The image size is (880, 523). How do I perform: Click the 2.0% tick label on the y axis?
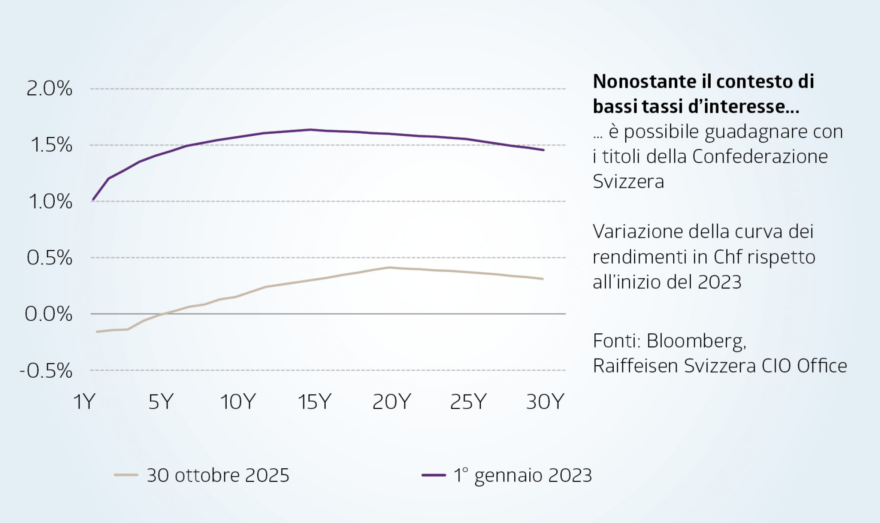pyautogui.click(x=49, y=88)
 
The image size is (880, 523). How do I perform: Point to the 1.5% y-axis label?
pyautogui.click(x=51, y=145)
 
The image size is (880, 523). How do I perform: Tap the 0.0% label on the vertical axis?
pyautogui.click(x=48, y=314)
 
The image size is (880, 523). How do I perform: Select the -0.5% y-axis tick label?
pyautogui.click(x=46, y=371)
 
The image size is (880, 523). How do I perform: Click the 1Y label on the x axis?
pyautogui.click(x=84, y=402)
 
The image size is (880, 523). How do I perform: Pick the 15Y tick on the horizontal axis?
pyautogui.click(x=314, y=402)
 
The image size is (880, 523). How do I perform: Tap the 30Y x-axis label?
pyautogui.click(x=545, y=402)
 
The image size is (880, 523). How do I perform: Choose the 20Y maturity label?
pyautogui.click(x=392, y=402)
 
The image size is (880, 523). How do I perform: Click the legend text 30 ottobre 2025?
pyautogui.click(x=218, y=475)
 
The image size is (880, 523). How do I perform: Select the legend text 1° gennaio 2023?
pyautogui.click(x=523, y=475)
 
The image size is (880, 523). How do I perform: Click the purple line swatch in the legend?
pyautogui.click(x=433, y=475)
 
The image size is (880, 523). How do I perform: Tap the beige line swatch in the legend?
pyautogui.click(x=126, y=475)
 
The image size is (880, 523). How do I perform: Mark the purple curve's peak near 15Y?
pyautogui.click(x=310, y=130)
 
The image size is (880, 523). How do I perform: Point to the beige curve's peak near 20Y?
pyautogui.click(x=388, y=267)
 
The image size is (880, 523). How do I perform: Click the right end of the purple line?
pyautogui.click(x=544, y=150)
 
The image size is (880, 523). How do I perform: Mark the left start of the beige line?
pyautogui.click(x=97, y=332)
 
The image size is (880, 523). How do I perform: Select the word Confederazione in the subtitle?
pyautogui.click(x=760, y=156)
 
